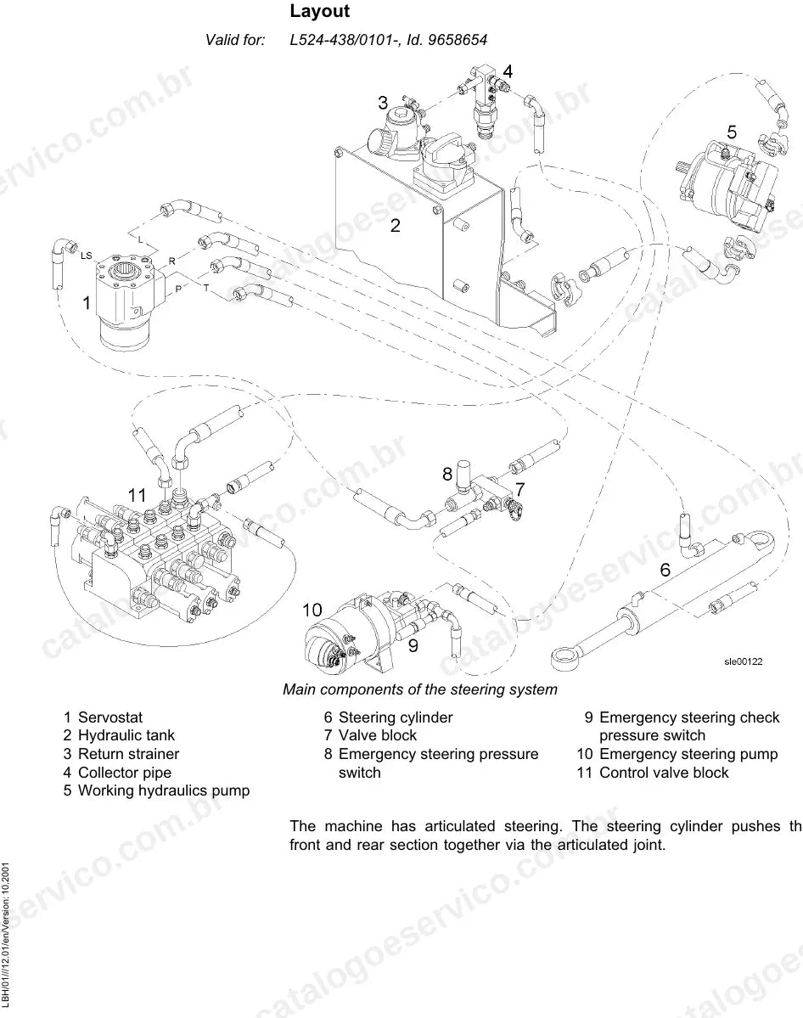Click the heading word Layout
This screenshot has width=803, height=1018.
(319, 11)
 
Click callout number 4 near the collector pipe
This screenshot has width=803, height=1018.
(508, 71)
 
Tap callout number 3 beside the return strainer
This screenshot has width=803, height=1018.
(383, 103)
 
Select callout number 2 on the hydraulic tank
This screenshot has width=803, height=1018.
(396, 225)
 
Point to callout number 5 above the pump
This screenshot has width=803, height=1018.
(732, 132)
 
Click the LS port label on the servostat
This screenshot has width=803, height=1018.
(87, 256)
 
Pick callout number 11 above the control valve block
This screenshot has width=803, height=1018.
(137, 495)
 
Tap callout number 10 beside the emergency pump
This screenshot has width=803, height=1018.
(312, 610)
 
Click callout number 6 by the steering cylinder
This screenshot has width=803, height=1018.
(665, 570)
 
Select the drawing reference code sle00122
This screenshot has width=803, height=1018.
(744, 661)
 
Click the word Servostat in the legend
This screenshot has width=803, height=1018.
(110, 717)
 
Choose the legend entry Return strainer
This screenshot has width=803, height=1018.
(128, 754)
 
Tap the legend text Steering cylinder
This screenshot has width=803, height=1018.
(396, 717)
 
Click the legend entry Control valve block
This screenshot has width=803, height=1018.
(664, 773)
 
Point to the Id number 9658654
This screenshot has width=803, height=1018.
(458, 40)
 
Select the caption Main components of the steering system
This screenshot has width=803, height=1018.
(420, 689)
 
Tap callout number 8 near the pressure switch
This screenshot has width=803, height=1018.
(447, 474)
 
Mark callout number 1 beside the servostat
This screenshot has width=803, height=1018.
(87, 302)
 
